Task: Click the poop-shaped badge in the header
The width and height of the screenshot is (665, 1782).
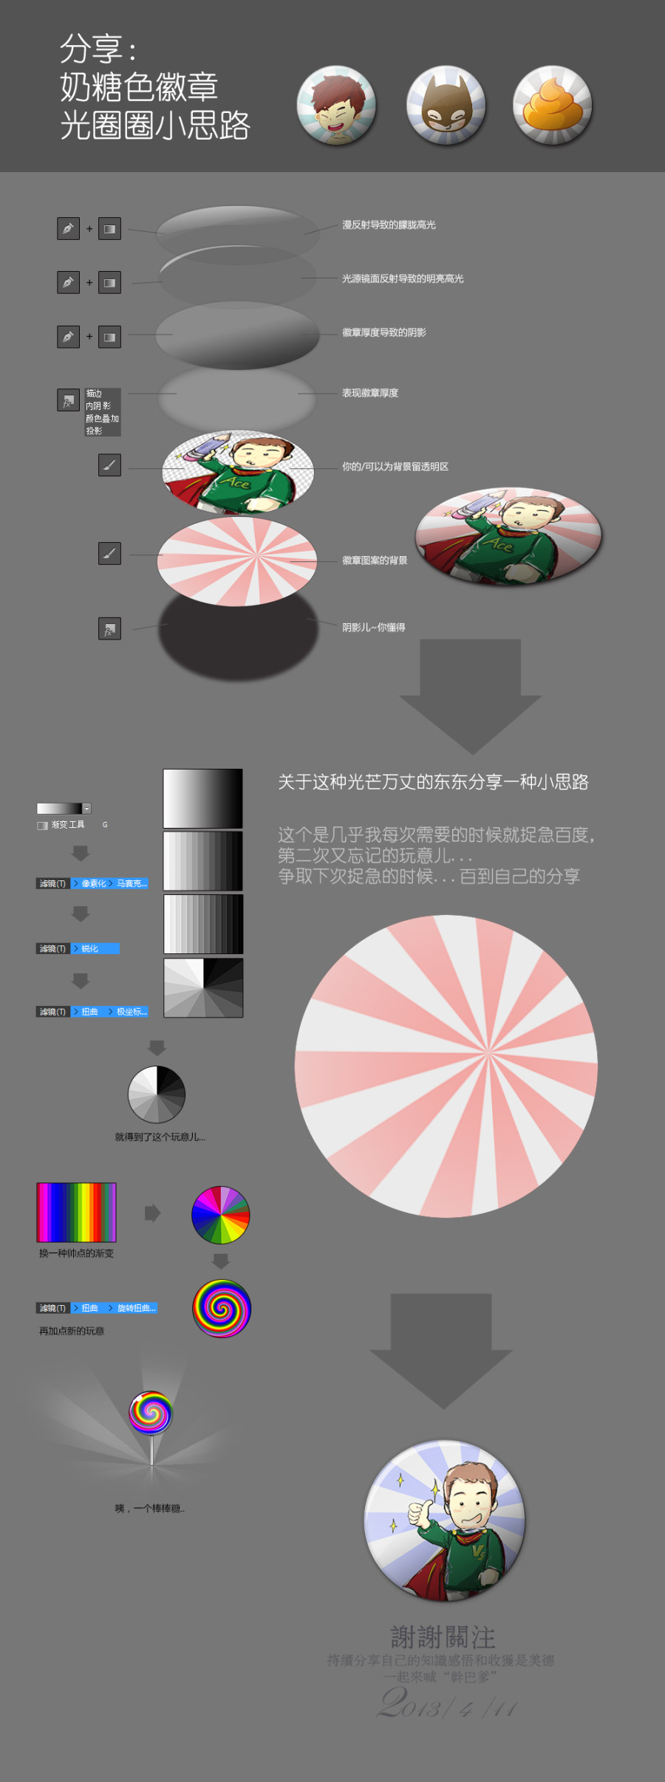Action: tap(552, 105)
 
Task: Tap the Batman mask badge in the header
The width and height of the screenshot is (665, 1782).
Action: tap(446, 106)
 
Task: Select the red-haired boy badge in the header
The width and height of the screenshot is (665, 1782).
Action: tap(336, 106)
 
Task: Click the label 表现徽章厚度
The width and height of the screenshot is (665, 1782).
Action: tap(369, 393)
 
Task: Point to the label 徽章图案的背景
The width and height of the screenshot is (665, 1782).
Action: tap(374, 561)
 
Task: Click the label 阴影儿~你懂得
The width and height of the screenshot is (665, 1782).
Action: tap(373, 628)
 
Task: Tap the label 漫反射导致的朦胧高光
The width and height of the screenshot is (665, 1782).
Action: tap(389, 225)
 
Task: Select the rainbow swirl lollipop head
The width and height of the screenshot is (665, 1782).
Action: tap(151, 1412)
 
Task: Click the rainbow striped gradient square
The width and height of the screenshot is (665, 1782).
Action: tap(77, 1213)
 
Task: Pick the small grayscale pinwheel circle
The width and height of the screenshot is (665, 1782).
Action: tap(157, 1094)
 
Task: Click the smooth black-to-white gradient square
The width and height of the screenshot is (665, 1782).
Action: tap(202, 798)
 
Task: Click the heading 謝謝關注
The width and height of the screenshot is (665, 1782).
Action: tap(443, 1637)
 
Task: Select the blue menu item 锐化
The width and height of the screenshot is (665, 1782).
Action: tap(89, 949)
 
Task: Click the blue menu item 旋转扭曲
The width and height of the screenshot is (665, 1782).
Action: tap(136, 1308)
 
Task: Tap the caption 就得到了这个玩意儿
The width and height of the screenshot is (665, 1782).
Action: tap(160, 1137)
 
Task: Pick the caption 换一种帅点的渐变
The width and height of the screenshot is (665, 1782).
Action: tap(76, 1253)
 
